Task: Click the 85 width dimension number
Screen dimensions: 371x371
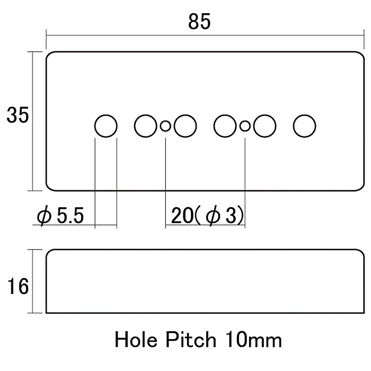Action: (x=199, y=22)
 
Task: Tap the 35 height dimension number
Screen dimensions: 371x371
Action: (x=17, y=115)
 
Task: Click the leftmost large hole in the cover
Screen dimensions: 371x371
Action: (x=106, y=126)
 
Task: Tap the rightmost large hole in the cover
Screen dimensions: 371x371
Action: (x=305, y=126)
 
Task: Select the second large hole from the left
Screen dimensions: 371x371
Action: (x=146, y=126)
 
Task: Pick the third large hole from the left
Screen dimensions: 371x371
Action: (x=185, y=126)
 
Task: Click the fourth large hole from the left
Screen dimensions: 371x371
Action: (x=225, y=126)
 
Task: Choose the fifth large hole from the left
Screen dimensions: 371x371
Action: (x=264, y=126)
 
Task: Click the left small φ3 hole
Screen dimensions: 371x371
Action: (x=165, y=126)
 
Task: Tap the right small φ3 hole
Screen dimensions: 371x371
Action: (x=245, y=126)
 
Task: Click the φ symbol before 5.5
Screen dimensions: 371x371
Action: (x=43, y=217)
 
